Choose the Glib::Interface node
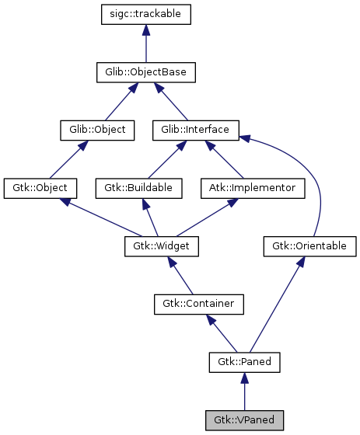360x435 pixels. [x=195, y=130]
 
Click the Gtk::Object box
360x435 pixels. [x=40, y=188]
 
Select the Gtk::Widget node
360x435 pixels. [x=162, y=246]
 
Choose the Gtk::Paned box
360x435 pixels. [x=244, y=362]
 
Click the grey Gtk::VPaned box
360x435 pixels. [x=244, y=420]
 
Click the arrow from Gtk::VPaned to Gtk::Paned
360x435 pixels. [x=244, y=391]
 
